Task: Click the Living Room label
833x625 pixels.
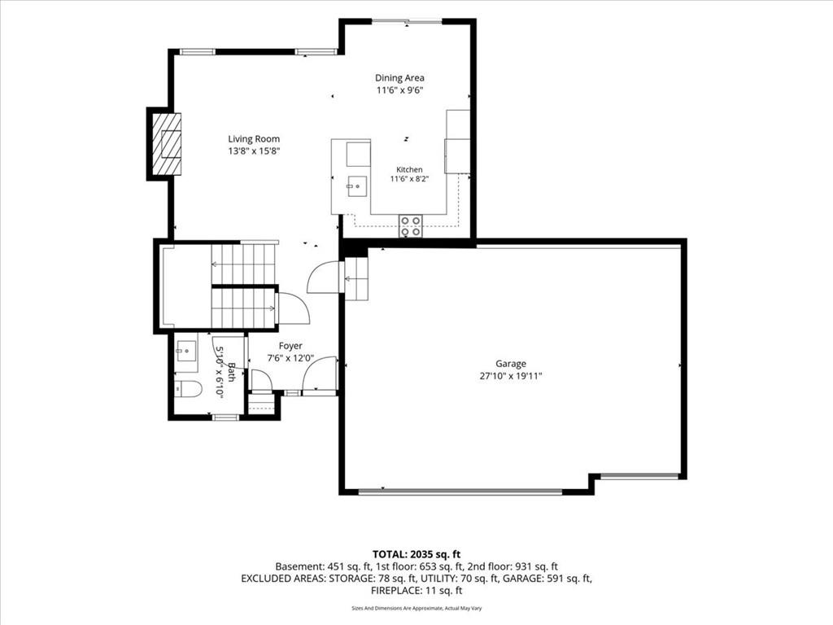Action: pyautogui.click(x=254, y=139)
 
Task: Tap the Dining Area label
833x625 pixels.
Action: pyautogui.click(x=399, y=78)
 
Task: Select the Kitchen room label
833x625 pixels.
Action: pyautogui.click(x=410, y=169)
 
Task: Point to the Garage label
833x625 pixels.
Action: pyautogui.click(x=511, y=364)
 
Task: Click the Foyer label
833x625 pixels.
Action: pyautogui.click(x=290, y=346)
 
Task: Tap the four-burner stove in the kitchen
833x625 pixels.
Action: pyautogui.click(x=410, y=225)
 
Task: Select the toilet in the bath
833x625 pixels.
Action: pyautogui.click(x=188, y=390)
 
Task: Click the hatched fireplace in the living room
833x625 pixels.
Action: pyautogui.click(x=167, y=143)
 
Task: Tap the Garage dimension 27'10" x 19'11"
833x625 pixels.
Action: pyautogui.click(x=511, y=376)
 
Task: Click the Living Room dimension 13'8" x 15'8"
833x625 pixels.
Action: pyautogui.click(x=254, y=151)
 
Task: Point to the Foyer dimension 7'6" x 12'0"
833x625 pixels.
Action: pyautogui.click(x=290, y=358)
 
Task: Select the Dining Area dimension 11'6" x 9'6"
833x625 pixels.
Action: pyautogui.click(x=399, y=90)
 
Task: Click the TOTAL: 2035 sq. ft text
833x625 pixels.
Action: pyautogui.click(x=416, y=555)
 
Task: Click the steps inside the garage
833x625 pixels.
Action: pyautogui.click(x=356, y=278)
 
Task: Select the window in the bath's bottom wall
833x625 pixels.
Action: pyautogui.click(x=225, y=417)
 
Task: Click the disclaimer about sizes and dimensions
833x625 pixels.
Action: pyautogui.click(x=416, y=608)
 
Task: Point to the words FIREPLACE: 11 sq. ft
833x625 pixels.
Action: pyautogui.click(x=416, y=591)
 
